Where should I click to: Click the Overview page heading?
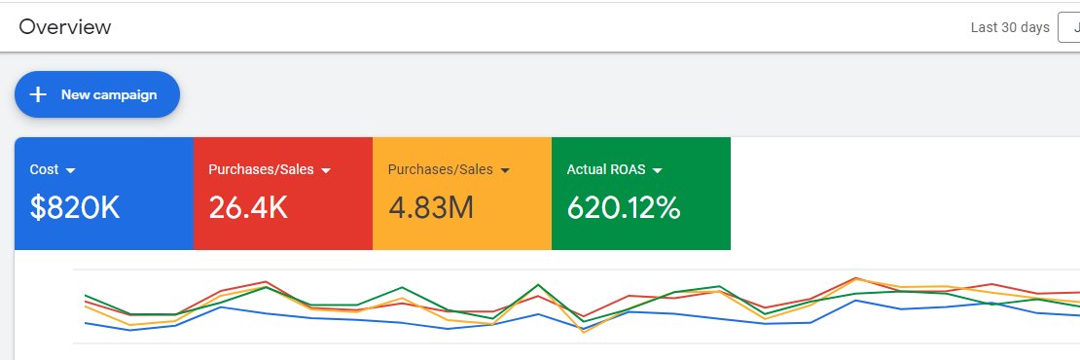tap(65, 27)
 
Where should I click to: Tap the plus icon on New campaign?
tap(39, 94)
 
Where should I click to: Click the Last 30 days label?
tap(1010, 27)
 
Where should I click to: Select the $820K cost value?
tap(74, 206)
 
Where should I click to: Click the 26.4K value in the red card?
tap(248, 206)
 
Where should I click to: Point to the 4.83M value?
tap(430, 206)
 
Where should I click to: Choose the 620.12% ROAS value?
tap(624, 206)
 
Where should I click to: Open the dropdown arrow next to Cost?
tap(70, 170)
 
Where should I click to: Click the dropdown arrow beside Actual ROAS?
tap(657, 170)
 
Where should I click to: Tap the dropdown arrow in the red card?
tap(327, 170)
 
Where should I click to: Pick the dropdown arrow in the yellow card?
tap(505, 170)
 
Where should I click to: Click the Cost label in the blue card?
tap(44, 169)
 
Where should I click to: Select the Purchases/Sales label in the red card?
tap(261, 169)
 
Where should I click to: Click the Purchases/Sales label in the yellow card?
tap(440, 169)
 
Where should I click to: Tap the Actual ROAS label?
tap(607, 169)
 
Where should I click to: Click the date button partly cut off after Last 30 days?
tap(1069, 27)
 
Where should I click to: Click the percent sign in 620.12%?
tap(666, 206)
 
